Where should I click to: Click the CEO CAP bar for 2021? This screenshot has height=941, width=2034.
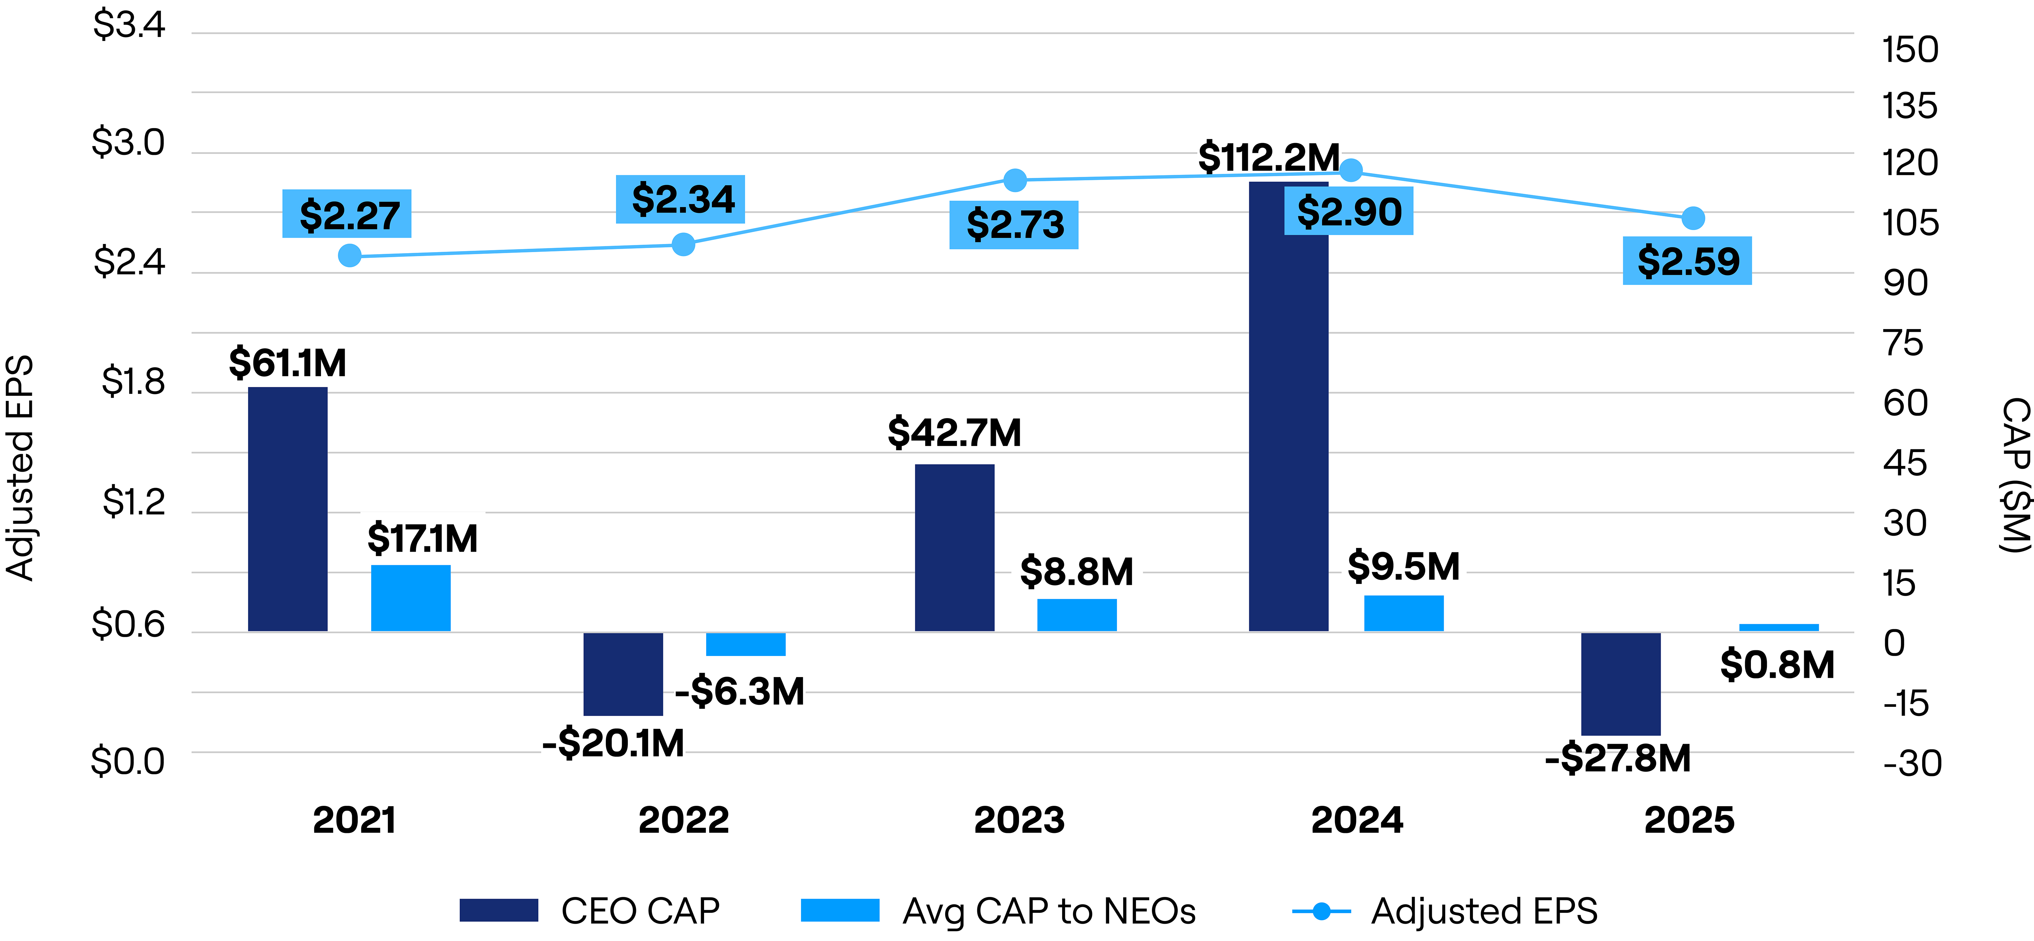click(287, 509)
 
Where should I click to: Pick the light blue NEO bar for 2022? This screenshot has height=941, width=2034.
click(745, 644)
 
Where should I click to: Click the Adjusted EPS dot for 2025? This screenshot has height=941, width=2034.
click(1692, 218)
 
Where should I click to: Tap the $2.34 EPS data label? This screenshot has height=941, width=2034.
click(681, 199)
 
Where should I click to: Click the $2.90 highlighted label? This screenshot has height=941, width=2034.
click(1349, 211)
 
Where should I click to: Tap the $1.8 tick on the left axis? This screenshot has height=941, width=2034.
click(133, 382)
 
